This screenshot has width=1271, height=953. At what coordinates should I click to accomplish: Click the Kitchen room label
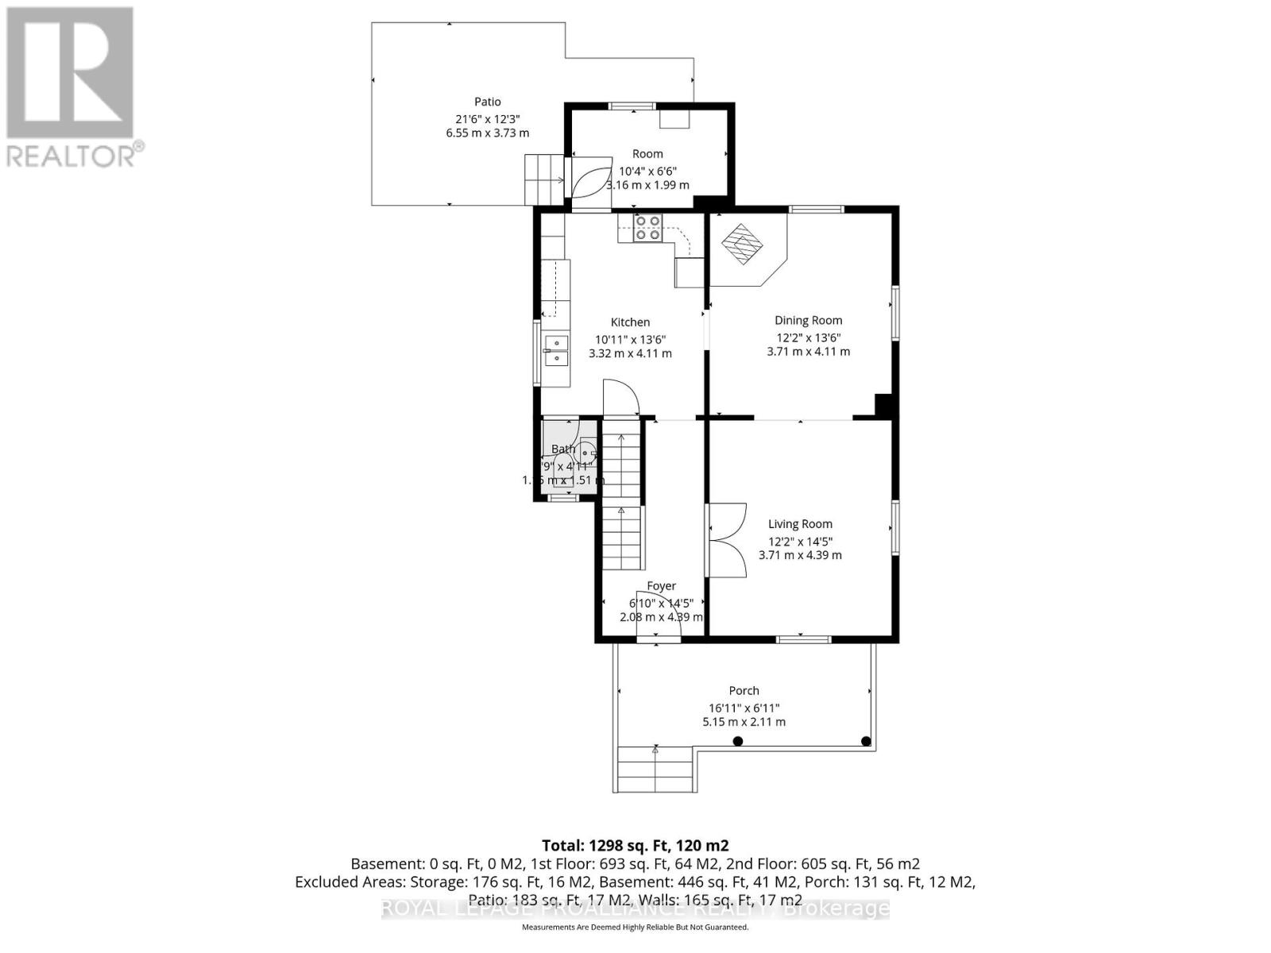pyautogui.click(x=630, y=322)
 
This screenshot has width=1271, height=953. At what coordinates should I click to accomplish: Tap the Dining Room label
pyautogui.click(x=808, y=321)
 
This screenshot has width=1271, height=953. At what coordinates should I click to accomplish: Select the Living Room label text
pyautogui.click(x=800, y=524)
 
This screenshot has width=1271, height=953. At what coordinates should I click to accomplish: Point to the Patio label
pyautogui.click(x=488, y=102)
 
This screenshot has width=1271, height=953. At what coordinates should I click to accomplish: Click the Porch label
pyautogui.click(x=744, y=691)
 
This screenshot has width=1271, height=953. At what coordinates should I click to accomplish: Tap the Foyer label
pyautogui.click(x=661, y=586)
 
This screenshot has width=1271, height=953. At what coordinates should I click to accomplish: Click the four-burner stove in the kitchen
pyautogui.click(x=647, y=228)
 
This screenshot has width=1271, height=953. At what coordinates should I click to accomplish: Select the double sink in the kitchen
pyautogui.click(x=556, y=350)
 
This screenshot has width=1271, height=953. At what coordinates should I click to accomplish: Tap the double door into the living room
pyautogui.click(x=726, y=540)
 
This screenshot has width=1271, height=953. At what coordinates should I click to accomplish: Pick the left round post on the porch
pyautogui.click(x=737, y=741)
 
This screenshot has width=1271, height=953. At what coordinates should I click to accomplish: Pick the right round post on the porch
pyautogui.click(x=866, y=741)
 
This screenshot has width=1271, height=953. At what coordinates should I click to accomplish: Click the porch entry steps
pyautogui.click(x=655, y=769)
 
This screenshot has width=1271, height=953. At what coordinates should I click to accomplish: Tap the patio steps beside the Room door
pyautogui.click(x=543, y=179)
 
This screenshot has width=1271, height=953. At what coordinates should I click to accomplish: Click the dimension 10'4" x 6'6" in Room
pyautogui.click(x=647, y=171)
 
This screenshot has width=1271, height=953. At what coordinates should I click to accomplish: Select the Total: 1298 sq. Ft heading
pyautogui.click(x=635, y=845)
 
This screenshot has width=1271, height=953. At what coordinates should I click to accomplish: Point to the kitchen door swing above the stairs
pyautogui.click(x=620, y=397)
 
